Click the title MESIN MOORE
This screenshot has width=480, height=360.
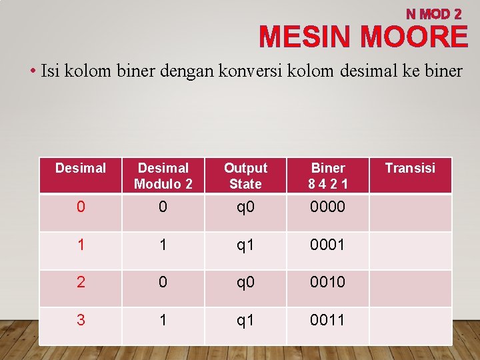[363, 37]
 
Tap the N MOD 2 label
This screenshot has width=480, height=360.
[434, 13]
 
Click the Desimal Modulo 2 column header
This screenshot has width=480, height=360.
[163, 176]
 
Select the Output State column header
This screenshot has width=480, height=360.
[245, 176]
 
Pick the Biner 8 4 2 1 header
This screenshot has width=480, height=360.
[328, 176]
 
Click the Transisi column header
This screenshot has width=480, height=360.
[410, 168]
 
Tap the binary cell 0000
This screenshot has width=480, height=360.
[328, 207]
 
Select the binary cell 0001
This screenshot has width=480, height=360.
[328, 245]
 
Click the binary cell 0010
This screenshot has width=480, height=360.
[328, 282]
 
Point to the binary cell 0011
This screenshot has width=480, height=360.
[328, 320]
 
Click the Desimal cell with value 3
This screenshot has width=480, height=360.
[81, 320]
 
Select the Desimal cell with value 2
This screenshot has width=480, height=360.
[81, 282]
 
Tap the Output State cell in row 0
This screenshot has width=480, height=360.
[245, 207]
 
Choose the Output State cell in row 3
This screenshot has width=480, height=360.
[245, 320]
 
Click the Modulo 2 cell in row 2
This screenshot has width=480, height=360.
[163, 282]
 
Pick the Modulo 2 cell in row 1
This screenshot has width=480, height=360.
[163, 245]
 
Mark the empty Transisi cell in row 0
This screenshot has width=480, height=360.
[410, 213]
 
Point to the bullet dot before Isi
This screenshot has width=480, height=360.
[33, 71]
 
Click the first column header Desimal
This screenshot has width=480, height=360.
[81, 168]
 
